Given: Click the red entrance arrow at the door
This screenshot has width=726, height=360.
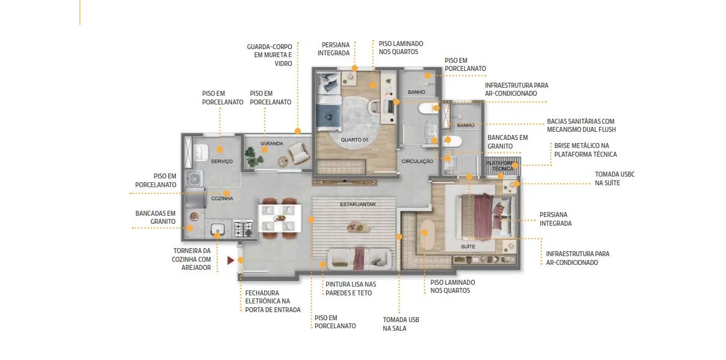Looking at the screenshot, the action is coord(231,261).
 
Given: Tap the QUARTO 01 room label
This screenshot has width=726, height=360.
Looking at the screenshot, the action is coord(354,140).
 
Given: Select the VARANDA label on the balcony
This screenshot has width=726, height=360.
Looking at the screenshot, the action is coord(272,144).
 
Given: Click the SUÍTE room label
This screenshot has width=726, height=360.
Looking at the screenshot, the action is coord(468,247).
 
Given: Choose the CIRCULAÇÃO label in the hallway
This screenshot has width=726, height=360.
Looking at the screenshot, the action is coord(417,161).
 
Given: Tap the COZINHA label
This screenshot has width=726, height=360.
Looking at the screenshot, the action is coord(222,198).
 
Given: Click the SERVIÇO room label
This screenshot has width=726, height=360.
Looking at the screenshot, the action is coord(222,161).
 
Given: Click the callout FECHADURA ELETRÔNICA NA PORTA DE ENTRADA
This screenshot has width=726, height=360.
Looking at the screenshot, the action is coord(273,301).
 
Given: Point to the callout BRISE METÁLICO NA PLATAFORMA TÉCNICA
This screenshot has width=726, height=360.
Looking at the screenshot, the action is coord(586,150).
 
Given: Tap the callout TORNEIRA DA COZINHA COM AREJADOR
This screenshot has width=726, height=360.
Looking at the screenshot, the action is coord(191,259).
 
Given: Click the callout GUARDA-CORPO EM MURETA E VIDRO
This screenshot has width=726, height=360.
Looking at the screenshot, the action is coord(270,55).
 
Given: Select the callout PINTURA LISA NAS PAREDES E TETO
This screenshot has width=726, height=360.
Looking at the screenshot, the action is coord(351,288).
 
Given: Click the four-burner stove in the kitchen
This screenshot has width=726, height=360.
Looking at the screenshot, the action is coord(244,229).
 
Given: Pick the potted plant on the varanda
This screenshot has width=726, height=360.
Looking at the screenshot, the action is coord(253,157).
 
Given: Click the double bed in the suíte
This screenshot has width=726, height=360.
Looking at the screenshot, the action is coord(484,217).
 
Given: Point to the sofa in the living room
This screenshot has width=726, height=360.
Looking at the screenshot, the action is coord(359,259).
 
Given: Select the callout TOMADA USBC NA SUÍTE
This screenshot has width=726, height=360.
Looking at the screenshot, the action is coord(614,178).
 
